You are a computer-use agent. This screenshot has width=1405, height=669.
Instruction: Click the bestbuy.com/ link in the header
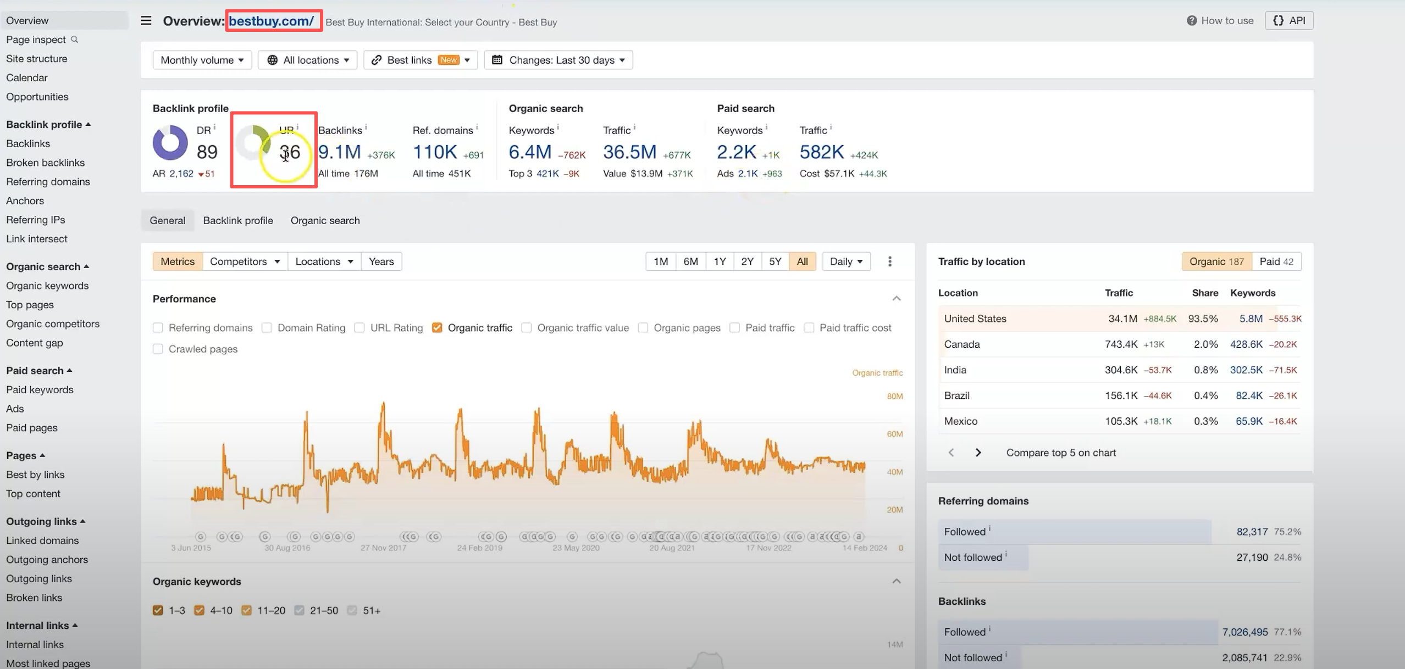point(271,21)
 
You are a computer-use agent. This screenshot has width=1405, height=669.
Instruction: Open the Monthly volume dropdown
point(202,60)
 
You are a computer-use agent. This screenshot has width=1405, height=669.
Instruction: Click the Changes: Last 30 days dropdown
point(558,60)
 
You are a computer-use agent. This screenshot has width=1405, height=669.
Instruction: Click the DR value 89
point(207,152)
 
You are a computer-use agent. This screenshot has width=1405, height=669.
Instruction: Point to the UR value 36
point(290,152)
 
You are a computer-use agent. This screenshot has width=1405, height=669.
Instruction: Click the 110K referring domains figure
point(434,152)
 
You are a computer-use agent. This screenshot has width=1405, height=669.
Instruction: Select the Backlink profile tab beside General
point(237,220)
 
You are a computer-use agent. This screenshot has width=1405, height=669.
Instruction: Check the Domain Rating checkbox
point(267,328)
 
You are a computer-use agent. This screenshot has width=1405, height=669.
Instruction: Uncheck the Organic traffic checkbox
point(437,328)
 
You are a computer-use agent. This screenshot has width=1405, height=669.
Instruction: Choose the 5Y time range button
point(775,261)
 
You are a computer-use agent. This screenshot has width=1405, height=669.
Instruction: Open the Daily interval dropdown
point(846,261)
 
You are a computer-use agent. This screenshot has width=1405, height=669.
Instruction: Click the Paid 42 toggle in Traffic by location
point(1276,261)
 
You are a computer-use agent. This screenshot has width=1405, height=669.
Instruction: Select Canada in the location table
point(961,344)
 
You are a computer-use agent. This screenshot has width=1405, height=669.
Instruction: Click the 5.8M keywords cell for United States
point(1251,319)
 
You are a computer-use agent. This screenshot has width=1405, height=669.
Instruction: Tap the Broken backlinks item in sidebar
point(45,163)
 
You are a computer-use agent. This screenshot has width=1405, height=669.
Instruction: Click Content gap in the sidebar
point(34,343)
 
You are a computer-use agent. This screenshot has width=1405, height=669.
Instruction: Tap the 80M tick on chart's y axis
point(894,396)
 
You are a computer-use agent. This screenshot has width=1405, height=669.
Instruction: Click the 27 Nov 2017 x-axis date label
point(383,548)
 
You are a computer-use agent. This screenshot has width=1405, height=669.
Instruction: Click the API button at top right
point(1289,20)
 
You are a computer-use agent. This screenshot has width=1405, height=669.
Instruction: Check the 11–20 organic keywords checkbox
point(247,610)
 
